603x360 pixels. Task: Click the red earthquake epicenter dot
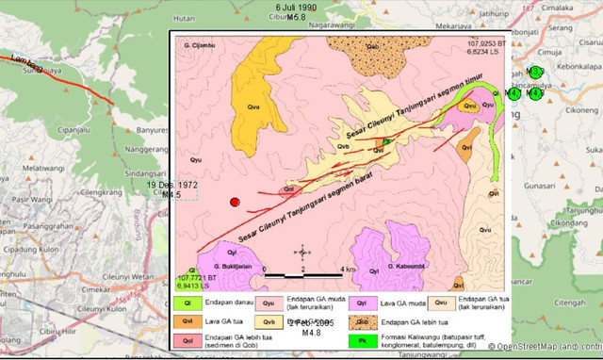tap(236, 202)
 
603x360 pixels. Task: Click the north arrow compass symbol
tap(302, 252)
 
